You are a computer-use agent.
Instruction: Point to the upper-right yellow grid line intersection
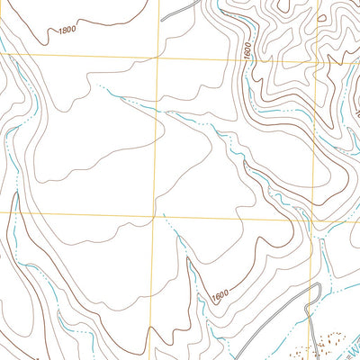click(x=314, y=58)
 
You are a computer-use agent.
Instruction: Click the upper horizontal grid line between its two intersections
click(x=234, y=57)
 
